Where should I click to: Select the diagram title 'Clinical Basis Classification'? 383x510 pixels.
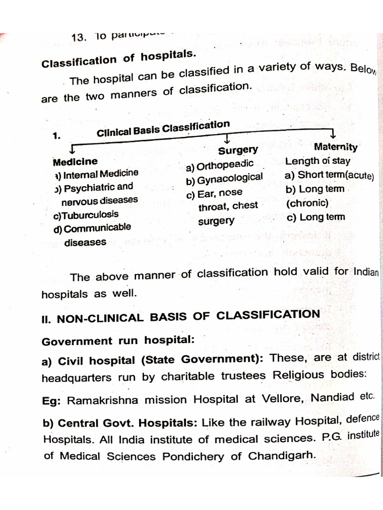(x=163, y=129)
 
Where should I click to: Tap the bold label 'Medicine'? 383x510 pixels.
(x=75, y=161)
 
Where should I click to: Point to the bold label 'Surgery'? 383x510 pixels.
(x=238, y=150)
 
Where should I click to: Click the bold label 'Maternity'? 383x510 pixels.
(x=336, y=147)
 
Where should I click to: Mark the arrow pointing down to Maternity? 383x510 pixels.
(x=333, y=134)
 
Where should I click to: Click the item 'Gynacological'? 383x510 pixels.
(x=229, y=178)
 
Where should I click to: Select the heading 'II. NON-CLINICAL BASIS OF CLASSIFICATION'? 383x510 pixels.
(x=181, y=316)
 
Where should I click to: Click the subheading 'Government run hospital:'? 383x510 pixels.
(x=117, y=341)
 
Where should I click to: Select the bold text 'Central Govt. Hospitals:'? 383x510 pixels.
(x=127, y=424)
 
